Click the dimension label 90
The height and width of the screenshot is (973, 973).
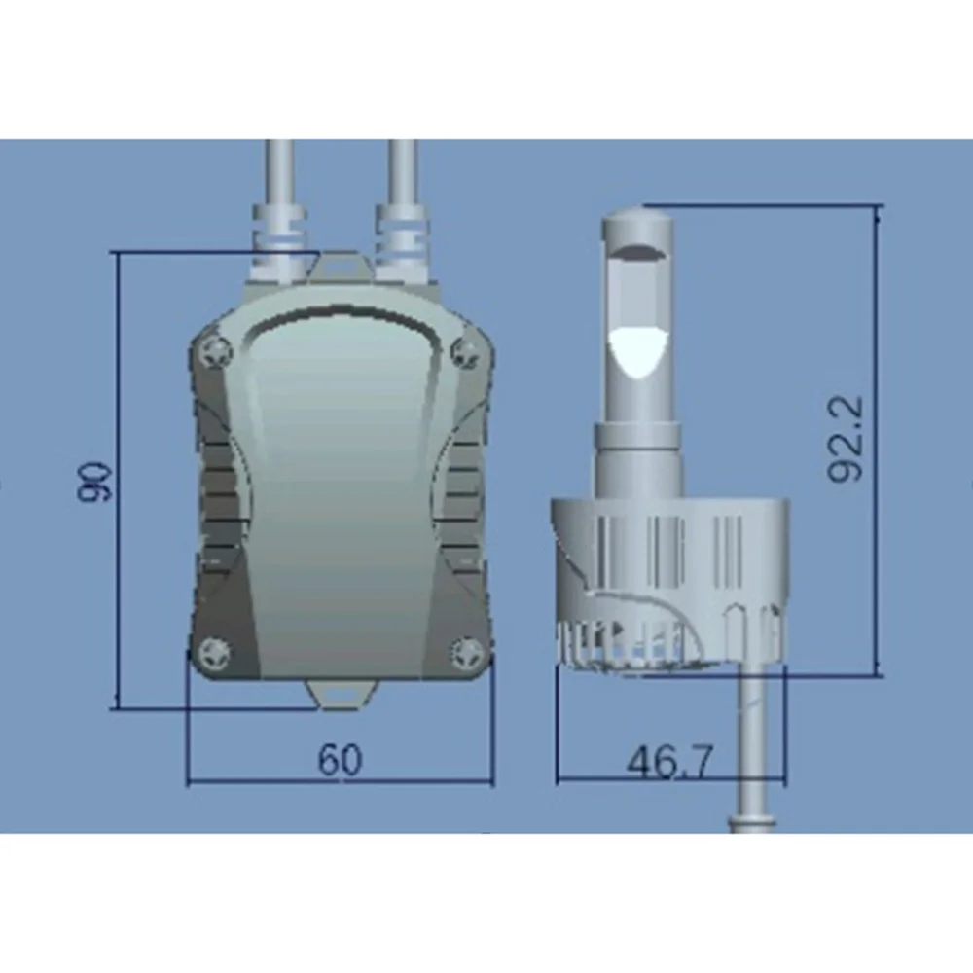[x=97, y=481]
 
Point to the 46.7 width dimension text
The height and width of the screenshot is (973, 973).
[x=670, y=761]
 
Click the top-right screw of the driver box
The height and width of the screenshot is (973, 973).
[x=464, y=348]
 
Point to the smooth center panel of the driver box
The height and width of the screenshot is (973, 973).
[x=340, y=486]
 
